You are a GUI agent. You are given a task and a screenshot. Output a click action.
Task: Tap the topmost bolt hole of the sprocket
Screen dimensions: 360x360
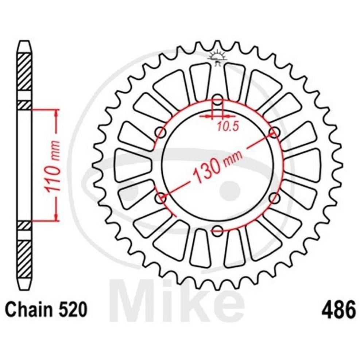coord(217,100)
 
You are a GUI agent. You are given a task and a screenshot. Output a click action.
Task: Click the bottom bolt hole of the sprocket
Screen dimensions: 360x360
coord(217,230)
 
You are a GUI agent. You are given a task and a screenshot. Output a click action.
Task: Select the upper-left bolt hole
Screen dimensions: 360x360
coord(161,133)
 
